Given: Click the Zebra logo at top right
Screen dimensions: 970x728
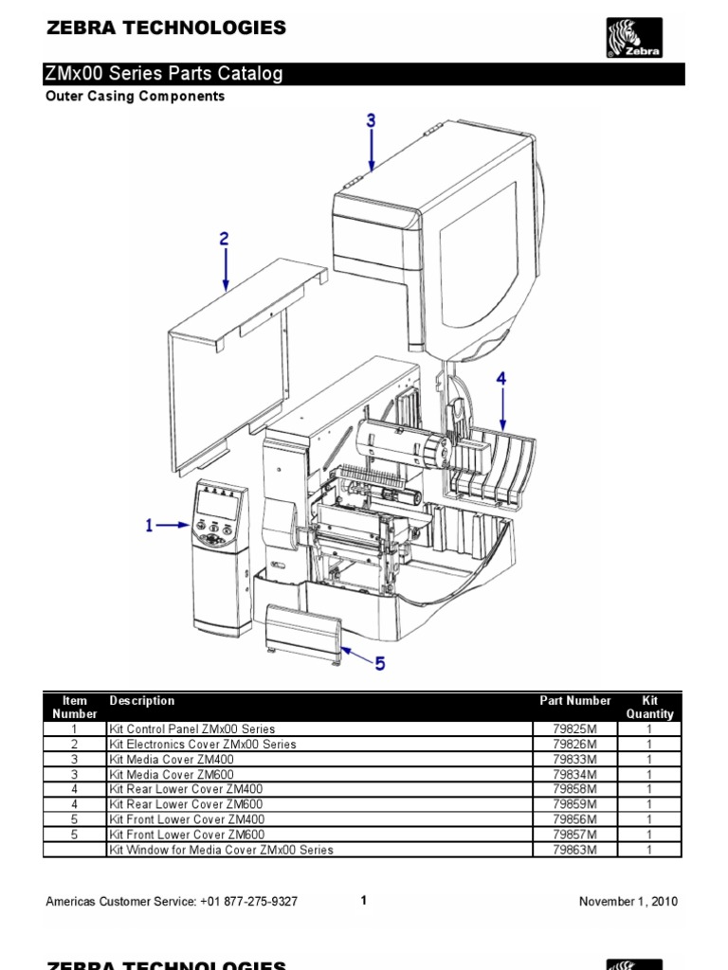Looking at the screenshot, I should click(x=634, y=39).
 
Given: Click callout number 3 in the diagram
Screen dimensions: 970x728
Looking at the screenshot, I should click(x=372, y=120).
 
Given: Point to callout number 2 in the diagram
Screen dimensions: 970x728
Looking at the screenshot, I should click(x=225, y=240).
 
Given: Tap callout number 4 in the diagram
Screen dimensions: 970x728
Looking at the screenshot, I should click(x=501, y=378).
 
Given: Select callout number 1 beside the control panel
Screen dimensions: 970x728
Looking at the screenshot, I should click(x=149, y=525).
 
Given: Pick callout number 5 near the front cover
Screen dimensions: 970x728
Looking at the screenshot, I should click(x=379, y=665).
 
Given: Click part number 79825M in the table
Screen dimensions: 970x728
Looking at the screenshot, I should click(x=575, y=729).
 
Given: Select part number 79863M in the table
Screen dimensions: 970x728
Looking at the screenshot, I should click(x=575, y=850).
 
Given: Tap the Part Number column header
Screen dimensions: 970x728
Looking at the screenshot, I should click(x=575, y=701).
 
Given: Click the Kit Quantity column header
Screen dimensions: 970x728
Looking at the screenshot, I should click(x=649, y=707).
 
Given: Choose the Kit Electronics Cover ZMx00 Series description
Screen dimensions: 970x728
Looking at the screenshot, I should click(x=203, y=745).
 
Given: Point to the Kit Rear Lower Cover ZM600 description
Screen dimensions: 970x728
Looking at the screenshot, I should click(x=187, y=804).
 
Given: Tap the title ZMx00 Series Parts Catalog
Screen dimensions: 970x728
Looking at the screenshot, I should click(x=164, y=74).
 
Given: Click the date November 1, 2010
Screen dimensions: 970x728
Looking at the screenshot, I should click(x=628, y=902).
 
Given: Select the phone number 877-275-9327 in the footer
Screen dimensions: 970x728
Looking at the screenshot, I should click(x=257, y=902).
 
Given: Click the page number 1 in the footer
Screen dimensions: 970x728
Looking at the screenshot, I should click(x=364, y=901).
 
